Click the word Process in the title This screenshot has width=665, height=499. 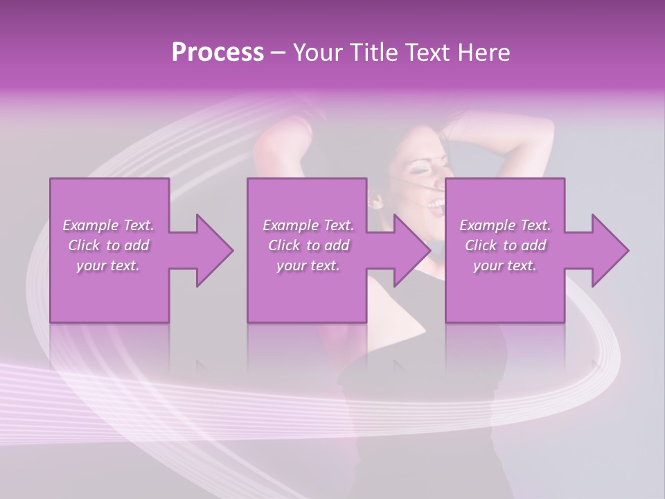click(x=218, y=53)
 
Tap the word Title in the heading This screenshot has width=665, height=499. click(x=373, y=53)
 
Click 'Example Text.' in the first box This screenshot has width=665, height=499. click(x=108, y=225)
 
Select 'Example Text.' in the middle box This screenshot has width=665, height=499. click(x=308, y=225)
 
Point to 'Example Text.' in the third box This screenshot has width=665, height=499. click(x=505, y=225)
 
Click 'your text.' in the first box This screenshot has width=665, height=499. click(x=108, y=265)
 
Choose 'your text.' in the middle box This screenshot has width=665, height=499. click(x=308, y=265)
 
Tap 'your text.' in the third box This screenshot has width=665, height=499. click(x=505, y=265)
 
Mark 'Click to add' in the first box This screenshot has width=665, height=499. click(x=108, y=245)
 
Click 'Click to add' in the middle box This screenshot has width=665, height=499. click(x=308, y=245)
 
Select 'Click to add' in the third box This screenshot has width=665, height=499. click(x=505, y=245)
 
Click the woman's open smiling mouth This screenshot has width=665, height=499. click(x=436, y=204)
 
